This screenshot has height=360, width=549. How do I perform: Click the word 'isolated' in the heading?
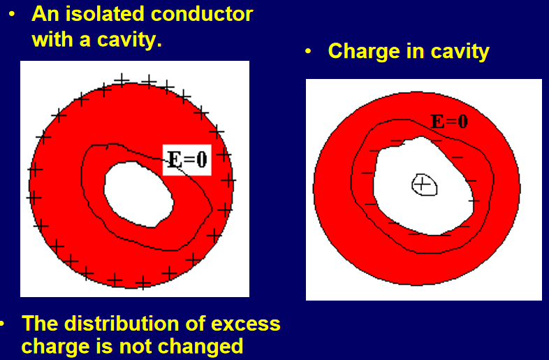[105, 15]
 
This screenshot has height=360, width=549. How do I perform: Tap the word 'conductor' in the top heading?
[202, 15]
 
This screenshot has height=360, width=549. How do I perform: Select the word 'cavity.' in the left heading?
[129, 40]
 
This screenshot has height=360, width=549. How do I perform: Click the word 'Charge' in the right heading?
[364, 51]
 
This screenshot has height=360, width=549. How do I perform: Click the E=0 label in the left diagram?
[187, 160]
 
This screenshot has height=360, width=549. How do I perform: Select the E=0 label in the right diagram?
[449, 122]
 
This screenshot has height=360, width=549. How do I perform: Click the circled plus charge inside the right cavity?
[424, 185]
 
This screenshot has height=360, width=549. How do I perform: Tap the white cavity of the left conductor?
[138, 194]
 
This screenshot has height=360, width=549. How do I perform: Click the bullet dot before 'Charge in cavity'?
[308, 51]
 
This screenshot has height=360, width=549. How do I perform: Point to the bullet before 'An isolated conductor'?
[12, 15]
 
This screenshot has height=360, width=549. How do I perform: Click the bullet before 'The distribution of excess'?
[2, 323]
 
